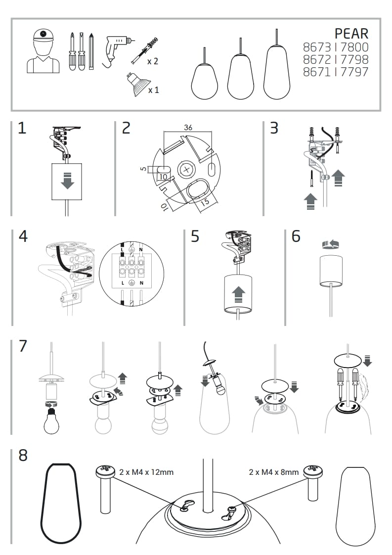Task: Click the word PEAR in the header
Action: (351, 33)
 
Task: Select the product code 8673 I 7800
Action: (335, 47)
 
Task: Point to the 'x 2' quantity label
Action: (152, 61)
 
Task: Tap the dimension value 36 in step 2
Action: (188, 128)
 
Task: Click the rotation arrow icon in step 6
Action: (329, 243)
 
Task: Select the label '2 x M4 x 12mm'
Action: (146, 472)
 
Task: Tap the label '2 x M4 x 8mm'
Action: (274, 472)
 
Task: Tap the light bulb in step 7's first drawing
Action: (51, 421)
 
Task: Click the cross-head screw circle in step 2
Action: (186, 170)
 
